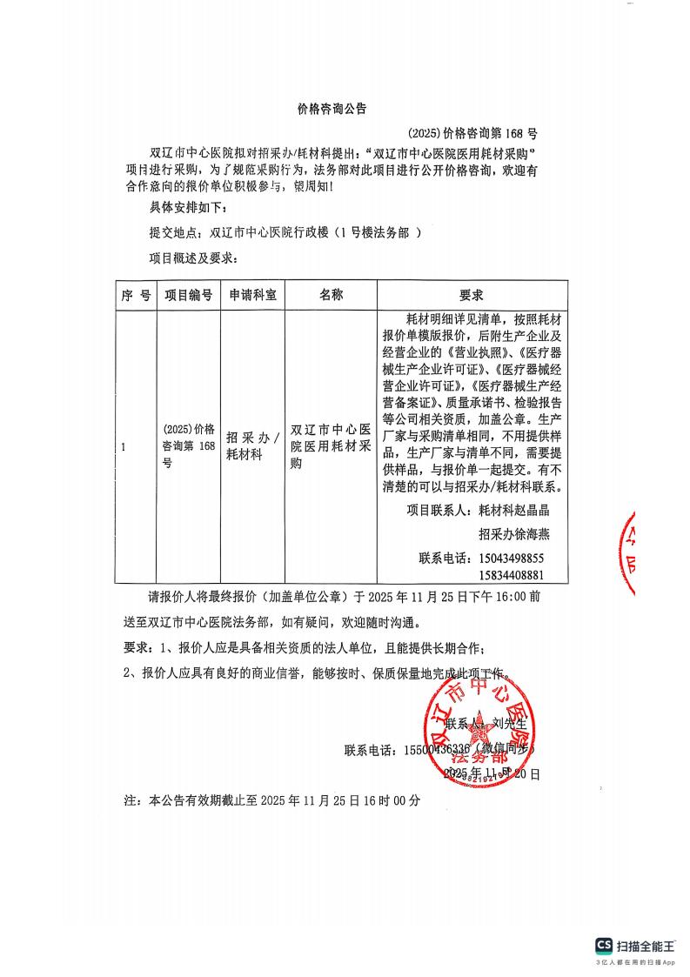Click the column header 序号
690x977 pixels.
pos(136,295)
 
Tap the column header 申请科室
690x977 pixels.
pos(252,295)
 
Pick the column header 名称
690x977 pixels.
pos(332,295)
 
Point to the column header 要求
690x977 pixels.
pos(472,295)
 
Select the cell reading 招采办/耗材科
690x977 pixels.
pos(252,445)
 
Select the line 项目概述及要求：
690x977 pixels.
pos(193,258)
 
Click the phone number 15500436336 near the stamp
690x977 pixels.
pos(433,750)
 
